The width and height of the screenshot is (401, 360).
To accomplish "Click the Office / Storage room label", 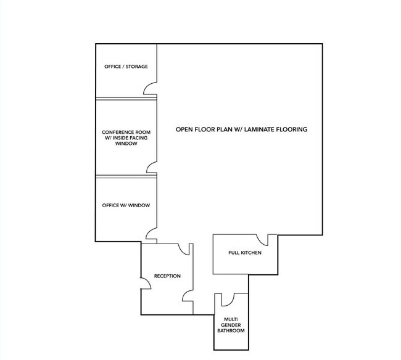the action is click(x=126, y=67).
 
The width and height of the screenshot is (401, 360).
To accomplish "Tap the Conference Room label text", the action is click(x=126, y=137).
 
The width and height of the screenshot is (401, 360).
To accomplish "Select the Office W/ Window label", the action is click(x=126, y=205).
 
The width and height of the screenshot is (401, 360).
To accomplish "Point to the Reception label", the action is click(x=167, y=276).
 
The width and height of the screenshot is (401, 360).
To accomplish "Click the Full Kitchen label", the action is click(x=245, y=253).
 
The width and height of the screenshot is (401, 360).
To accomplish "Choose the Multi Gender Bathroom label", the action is click(x=231, y=325).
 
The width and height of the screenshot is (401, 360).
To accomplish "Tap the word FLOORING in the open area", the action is click(x=294, y=129).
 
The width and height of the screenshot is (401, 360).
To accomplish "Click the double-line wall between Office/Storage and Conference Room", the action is click(x=126, y=99).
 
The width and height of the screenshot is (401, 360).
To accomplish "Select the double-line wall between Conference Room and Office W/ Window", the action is click(x=126, y=176).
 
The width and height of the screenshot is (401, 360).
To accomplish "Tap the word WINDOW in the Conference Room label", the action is click(x=126, y=144).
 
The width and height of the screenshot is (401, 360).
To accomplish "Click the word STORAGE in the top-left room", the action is click(x=136, y=67).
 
